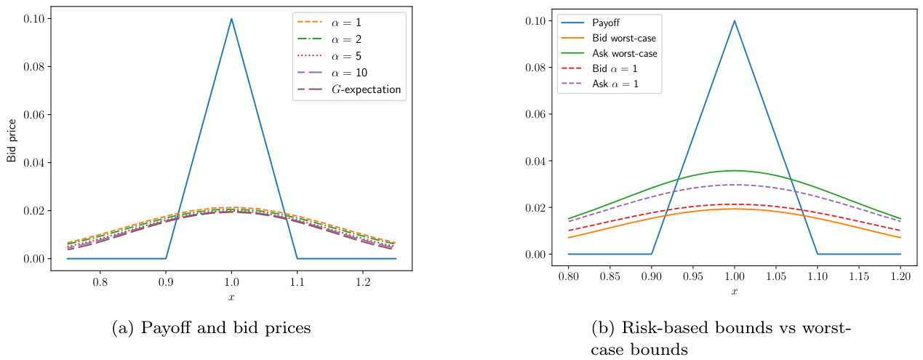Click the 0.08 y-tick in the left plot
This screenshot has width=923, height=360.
tap(33, 67)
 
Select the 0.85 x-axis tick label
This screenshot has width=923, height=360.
tap(610, 278)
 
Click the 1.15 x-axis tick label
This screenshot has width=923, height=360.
tap(859, 278)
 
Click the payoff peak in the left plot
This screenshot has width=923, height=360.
tap(231, 19)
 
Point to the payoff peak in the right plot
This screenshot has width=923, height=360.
tap(735, 20)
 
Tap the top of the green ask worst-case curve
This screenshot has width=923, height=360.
tap(735, 170)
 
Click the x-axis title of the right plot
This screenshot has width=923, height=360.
tap(735, 292)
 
